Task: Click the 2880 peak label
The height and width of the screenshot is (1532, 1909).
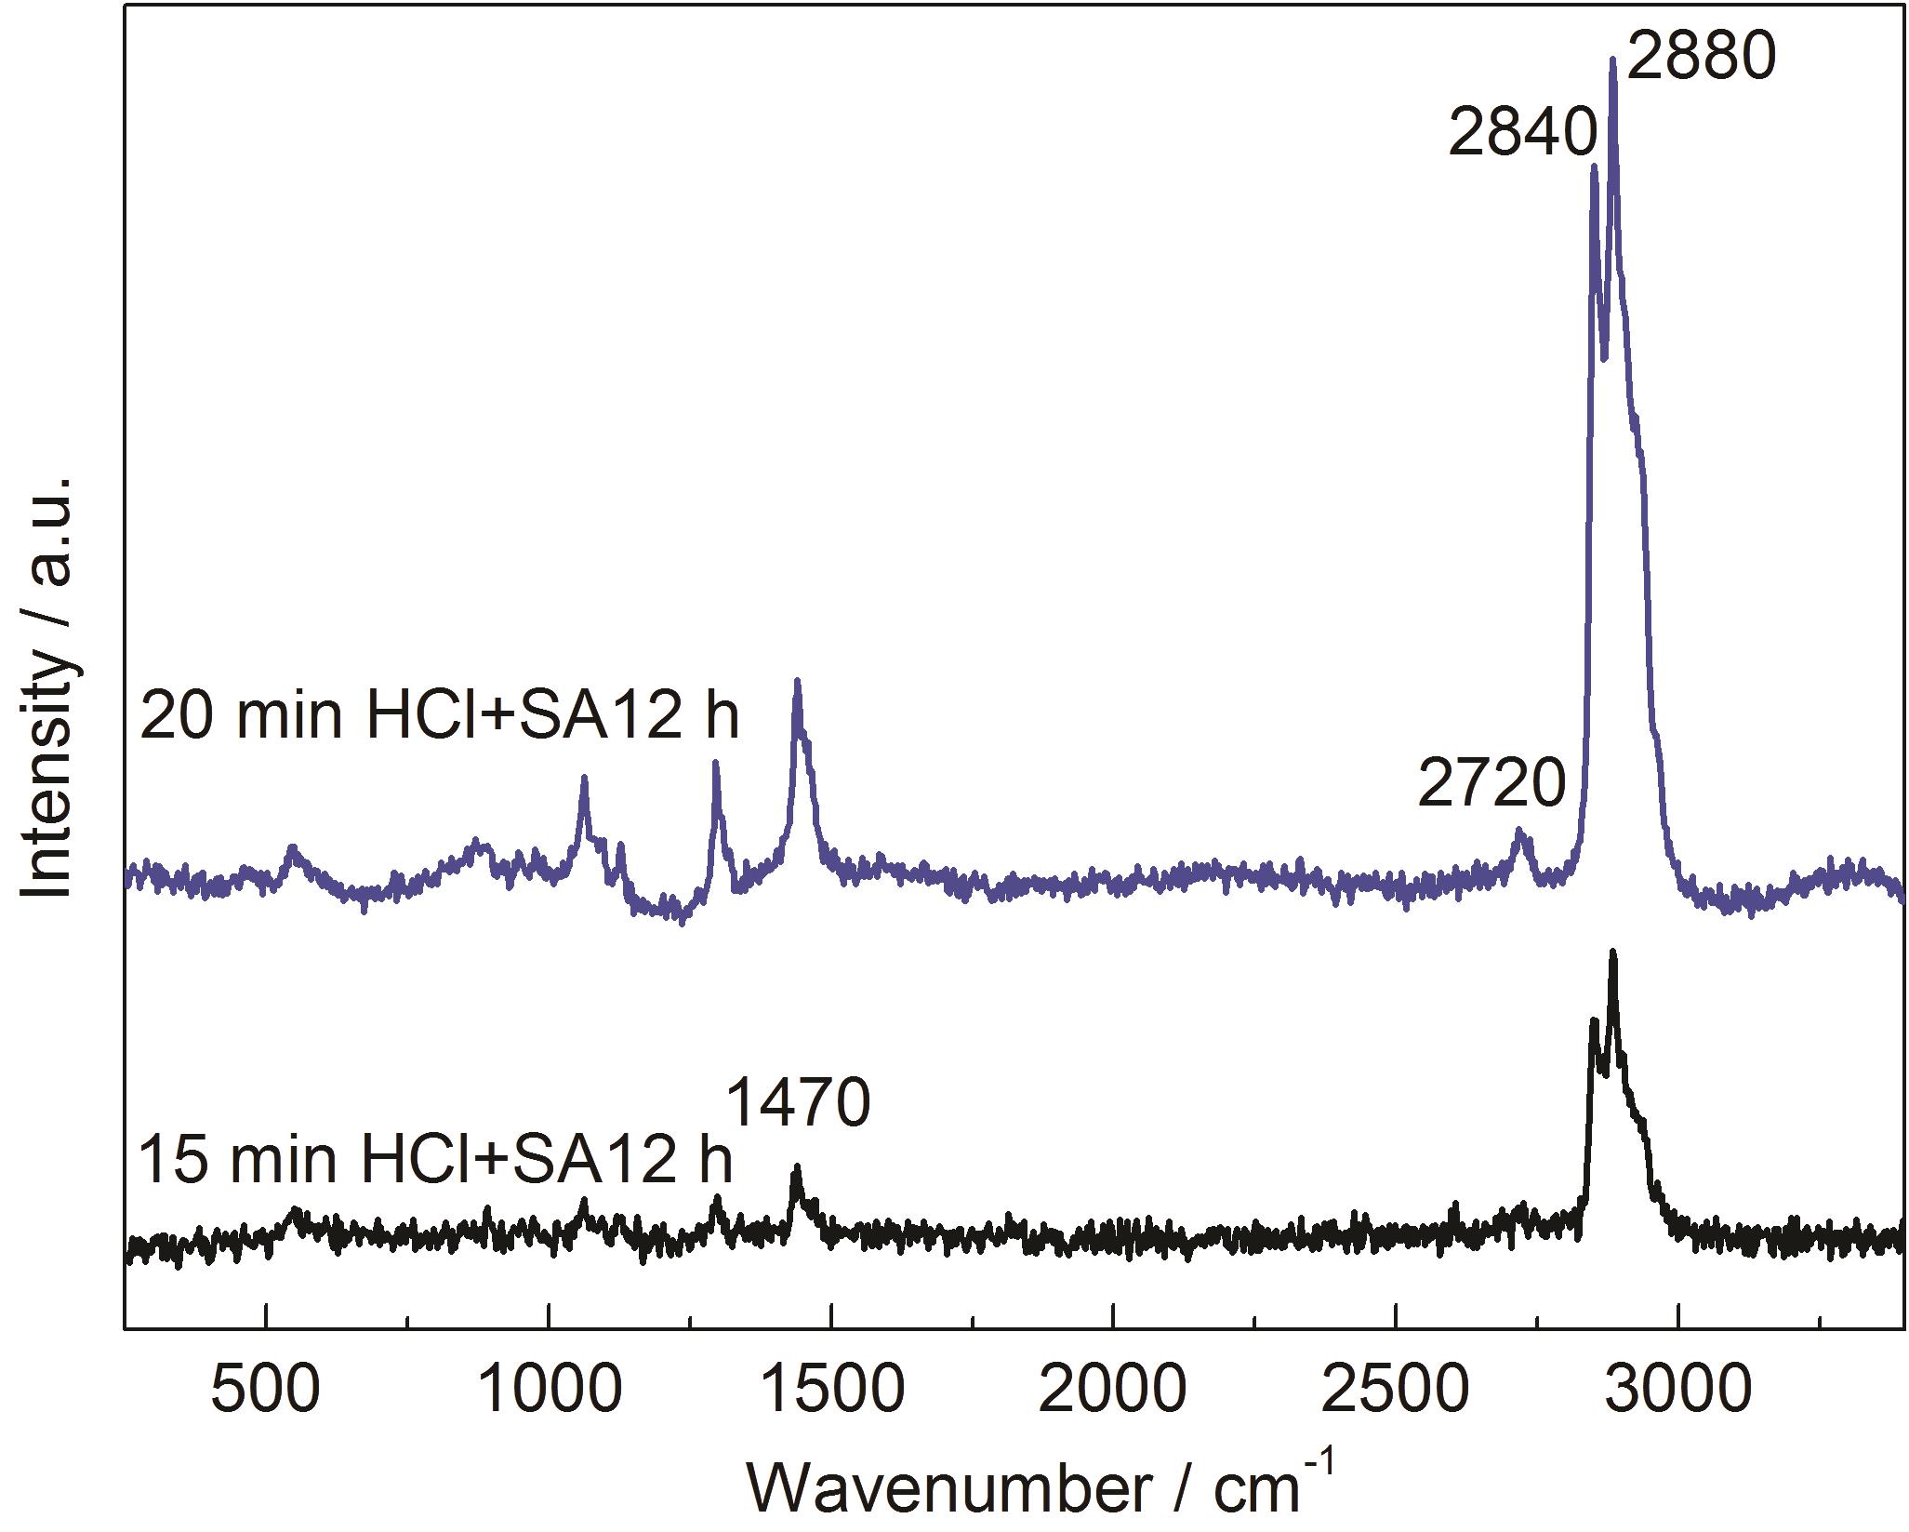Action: click(x=1702, y=58)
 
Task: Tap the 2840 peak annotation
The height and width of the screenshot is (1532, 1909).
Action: click(x=1522, y=136)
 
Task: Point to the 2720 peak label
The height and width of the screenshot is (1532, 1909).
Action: click(x=1492, y=784)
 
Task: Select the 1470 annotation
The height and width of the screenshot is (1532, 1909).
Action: click(x=797, y=1104)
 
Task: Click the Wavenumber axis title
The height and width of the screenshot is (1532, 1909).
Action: click(x=1041, y=1485)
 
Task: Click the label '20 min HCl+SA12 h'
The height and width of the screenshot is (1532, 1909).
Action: click(x=439, y=717)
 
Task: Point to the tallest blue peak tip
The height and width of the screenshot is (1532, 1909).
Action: click(x=1613, y=60)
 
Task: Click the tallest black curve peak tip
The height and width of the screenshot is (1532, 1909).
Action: click(x=1613, y=953)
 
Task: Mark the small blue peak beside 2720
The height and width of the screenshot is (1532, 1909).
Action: click(x=1520, y=831)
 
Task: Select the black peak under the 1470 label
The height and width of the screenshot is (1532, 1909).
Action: click(x=796, y=1167)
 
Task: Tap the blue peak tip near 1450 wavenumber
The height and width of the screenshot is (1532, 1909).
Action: click(x=797, y=682)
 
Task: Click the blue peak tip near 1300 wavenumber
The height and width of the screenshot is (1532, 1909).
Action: click(x=716, y=763)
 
